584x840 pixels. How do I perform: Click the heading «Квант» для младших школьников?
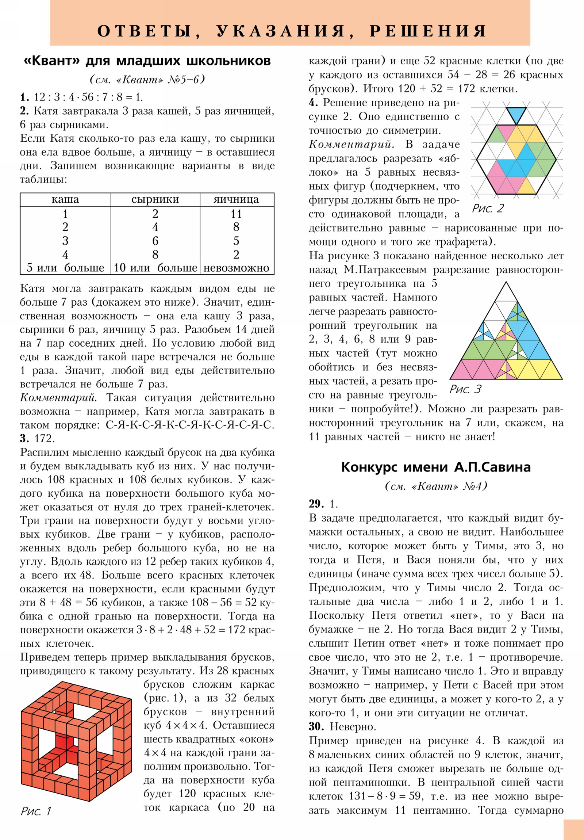click(147, 61)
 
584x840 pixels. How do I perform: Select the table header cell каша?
click(65, 199)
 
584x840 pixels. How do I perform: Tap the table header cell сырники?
click(155, 199)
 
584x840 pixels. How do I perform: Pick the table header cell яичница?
click(236, 199)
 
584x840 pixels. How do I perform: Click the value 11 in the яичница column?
click(236, 214)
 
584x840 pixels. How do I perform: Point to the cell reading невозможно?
click(236, 268)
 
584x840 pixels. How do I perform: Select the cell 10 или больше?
click(155, 268)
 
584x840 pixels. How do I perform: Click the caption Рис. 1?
click(36, 811)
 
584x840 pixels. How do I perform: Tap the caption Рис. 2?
click(488, 208)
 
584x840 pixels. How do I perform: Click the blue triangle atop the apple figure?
click(516, 114)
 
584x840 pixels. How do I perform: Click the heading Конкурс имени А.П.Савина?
click(435, 467)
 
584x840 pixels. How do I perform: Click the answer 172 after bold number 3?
click(44, 438)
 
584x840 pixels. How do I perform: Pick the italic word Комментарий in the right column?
click(351, 145)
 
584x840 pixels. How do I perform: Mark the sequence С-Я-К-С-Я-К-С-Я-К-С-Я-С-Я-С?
click(190, 425)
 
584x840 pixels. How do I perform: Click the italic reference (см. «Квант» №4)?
click(436, 486)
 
